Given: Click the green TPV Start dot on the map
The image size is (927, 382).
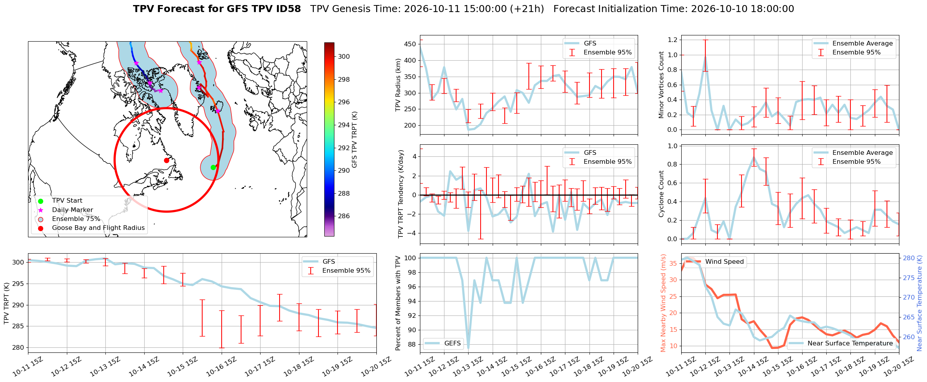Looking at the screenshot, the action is (x=213, y=167).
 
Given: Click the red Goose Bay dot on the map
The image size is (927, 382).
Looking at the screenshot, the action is (x=166, y=160).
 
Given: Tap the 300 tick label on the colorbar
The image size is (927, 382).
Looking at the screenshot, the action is (x=344, y=56).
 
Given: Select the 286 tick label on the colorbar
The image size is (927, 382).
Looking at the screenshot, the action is (x=344, y=216).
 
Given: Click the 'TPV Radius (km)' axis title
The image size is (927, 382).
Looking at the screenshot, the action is (x=398, y=85).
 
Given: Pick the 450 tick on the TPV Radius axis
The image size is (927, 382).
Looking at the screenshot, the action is (x=410, y=44).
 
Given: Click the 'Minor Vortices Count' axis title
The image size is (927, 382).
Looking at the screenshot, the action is (x=661, y=85).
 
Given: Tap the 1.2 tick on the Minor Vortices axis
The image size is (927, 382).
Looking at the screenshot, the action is (x=672, y=40).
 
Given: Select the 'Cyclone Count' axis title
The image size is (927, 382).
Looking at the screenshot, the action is (x=661, y=194).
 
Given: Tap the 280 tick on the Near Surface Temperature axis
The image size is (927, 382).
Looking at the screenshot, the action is (x=909, y=258).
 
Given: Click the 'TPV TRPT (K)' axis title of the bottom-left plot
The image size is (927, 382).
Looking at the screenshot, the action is (x=7, y=303).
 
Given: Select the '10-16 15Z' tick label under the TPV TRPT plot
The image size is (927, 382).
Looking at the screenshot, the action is (x=222, y=366).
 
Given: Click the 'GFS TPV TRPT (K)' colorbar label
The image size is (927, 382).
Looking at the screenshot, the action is (x=354, y=139).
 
